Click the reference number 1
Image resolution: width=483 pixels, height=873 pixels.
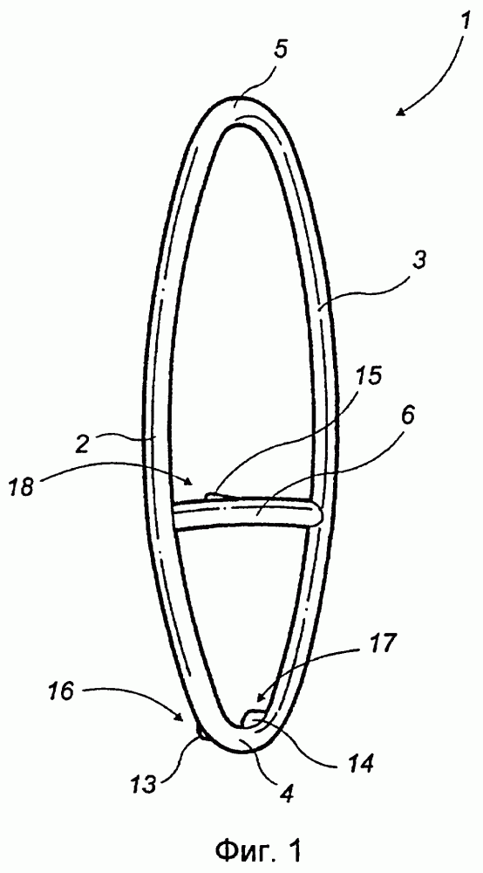[466, 24]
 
